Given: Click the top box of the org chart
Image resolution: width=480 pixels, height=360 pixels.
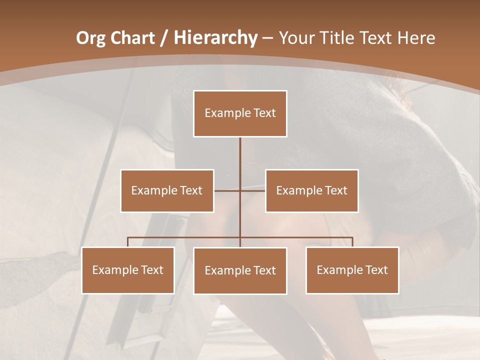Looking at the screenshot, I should coord(240,113).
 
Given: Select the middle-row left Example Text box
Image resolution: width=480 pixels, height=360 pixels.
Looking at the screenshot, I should coord(167,190).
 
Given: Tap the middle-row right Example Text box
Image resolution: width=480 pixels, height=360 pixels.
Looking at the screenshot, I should coord(311,190).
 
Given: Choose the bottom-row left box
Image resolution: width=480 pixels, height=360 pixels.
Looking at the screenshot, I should coord(128,270).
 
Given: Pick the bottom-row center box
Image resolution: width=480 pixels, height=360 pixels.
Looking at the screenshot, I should coord(240,270).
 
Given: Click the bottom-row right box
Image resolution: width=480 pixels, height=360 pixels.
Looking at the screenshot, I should coord(352,270).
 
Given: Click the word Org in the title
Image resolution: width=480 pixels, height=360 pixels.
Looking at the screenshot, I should coord(90,38).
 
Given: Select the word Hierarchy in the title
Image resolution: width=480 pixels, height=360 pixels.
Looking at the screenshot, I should coord(215,38).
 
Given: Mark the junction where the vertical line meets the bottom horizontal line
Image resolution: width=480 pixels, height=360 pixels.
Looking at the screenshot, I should coord(240,237).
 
